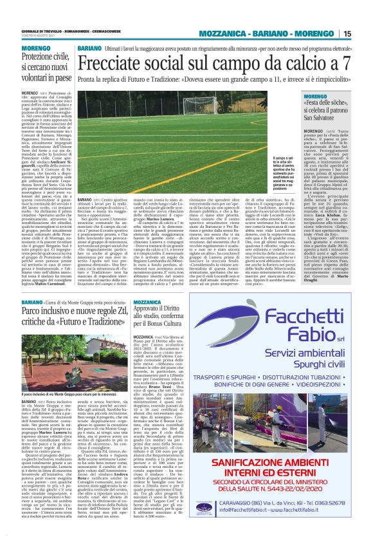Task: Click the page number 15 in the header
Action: pos(365,33)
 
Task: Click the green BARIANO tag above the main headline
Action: pos(89,49)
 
